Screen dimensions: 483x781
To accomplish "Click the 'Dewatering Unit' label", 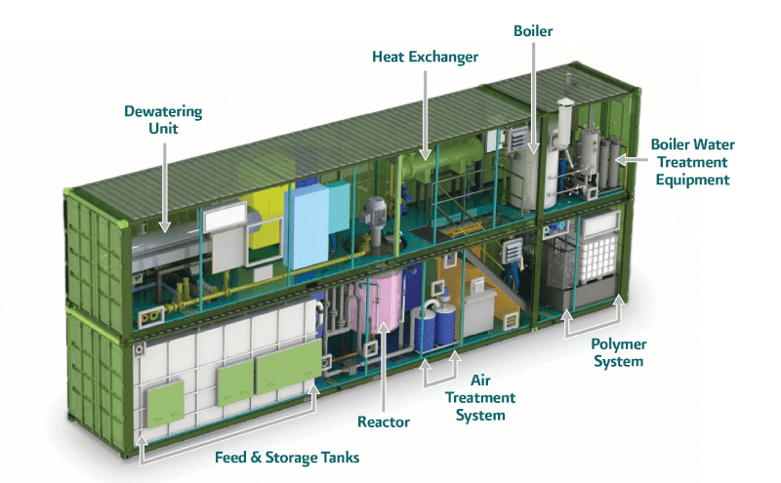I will [163, 120].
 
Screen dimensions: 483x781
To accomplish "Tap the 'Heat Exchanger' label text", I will [426, 57].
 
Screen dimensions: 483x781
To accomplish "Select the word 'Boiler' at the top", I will [533, 31].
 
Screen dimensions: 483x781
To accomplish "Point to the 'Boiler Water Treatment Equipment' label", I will [689, 162].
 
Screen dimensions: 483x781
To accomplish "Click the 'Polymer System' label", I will [618, 352].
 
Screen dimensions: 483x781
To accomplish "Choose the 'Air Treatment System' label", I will [480, 397].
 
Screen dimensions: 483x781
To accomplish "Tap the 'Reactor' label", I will [383, 422].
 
